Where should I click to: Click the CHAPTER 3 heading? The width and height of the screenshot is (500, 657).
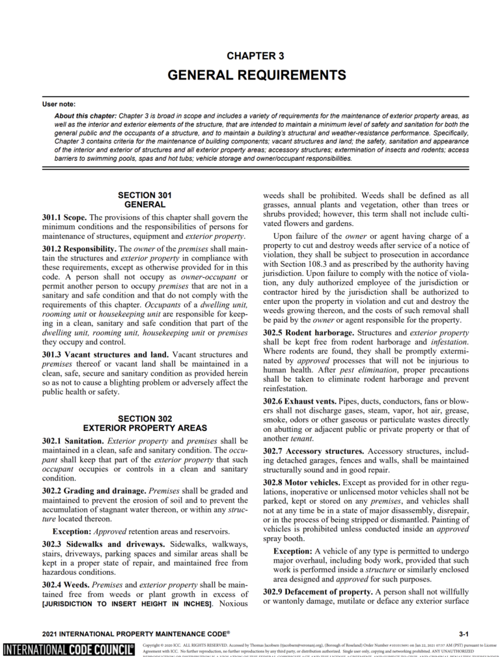(x=255, y=56)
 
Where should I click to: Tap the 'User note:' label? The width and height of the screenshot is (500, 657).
(x=59, y=104)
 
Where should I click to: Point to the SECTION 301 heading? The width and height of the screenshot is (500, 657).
(x=145, y=195)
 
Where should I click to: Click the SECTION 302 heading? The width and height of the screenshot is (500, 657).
(x=145, y=419)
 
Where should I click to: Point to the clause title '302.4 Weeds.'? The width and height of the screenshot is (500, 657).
(x=68, y=585)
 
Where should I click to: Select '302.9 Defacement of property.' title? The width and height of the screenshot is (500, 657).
(x=317, y=591)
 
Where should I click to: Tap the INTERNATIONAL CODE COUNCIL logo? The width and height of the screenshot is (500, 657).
(x=68, y=649)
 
